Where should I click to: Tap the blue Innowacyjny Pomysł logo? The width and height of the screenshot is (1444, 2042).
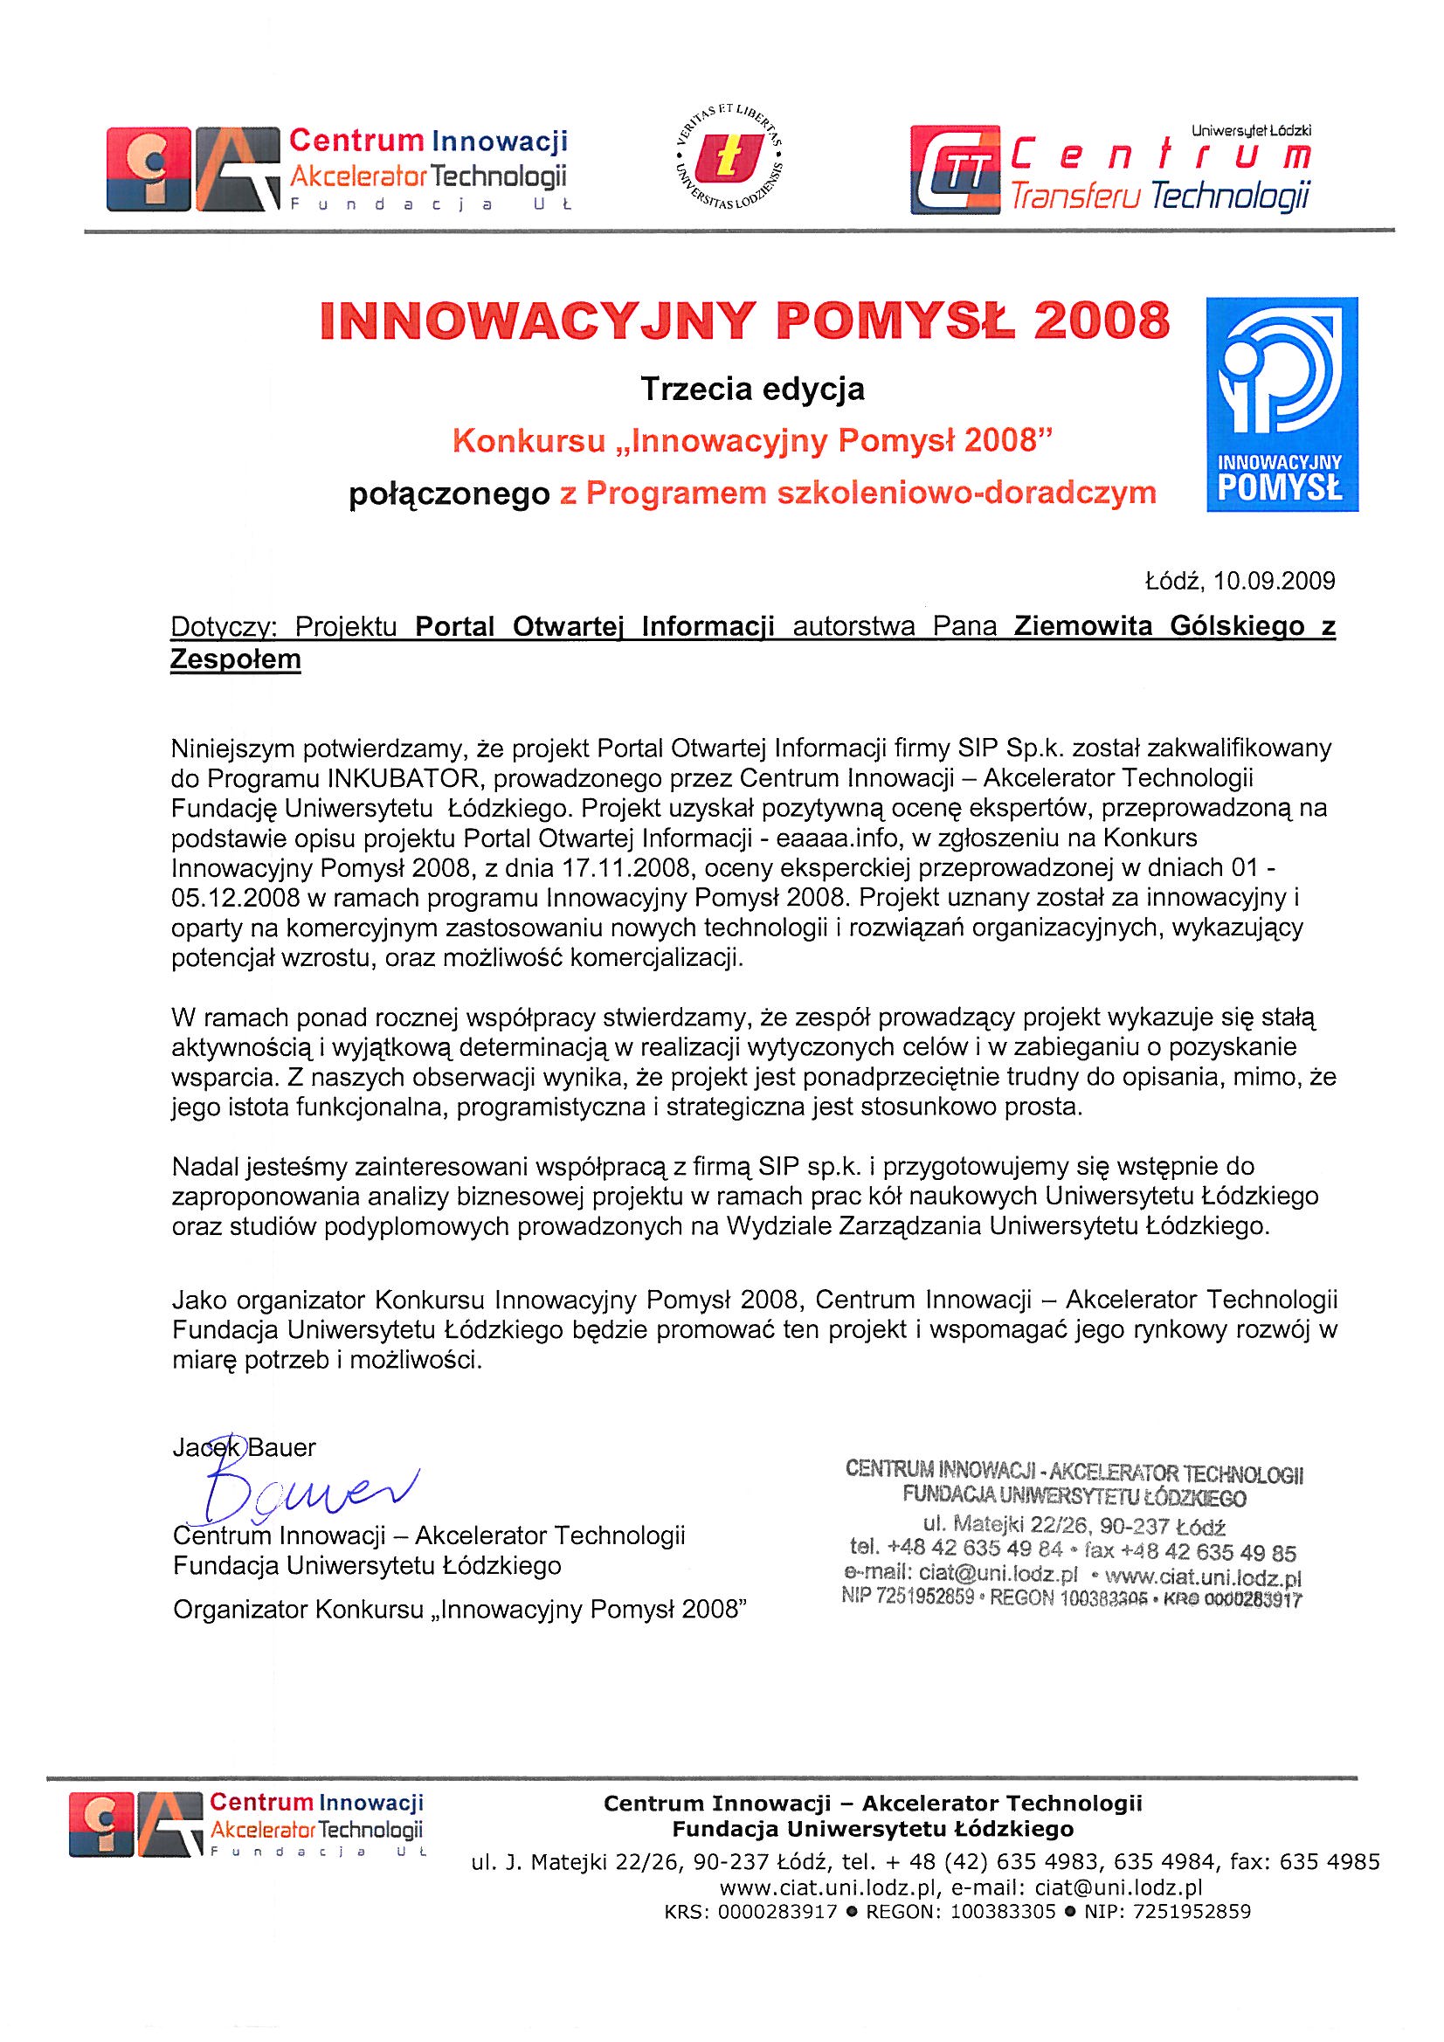coord(1282,404)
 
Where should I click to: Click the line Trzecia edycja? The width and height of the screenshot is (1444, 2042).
coord(753,389)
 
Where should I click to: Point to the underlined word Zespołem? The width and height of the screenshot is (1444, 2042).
coord(236,660)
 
